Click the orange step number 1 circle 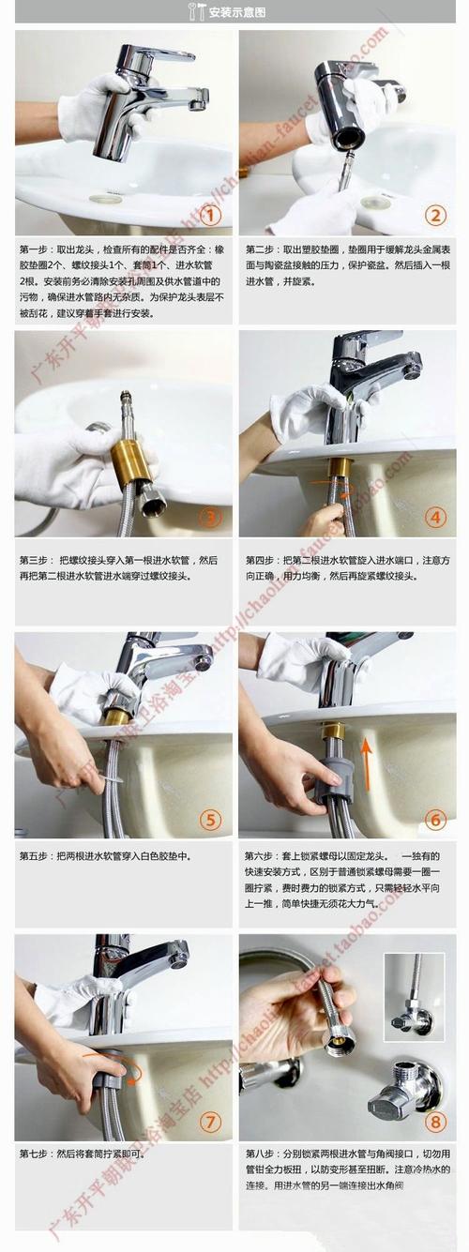211,216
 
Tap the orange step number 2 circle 434,216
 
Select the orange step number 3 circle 211,517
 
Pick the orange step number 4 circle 434,517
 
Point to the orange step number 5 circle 211,820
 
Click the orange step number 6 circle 434,820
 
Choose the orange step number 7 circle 211,1121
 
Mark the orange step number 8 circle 434,1121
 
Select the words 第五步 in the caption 36,856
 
